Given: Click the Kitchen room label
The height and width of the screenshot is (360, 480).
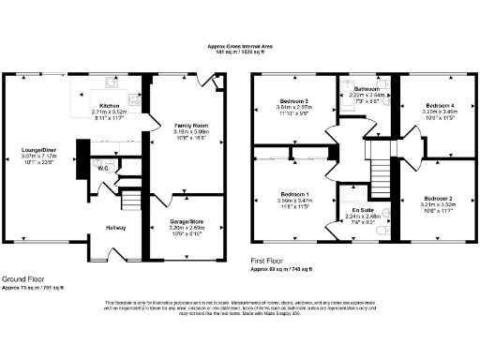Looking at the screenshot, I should coord(110,106).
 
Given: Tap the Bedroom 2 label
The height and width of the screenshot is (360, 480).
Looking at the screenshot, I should coord(439,199).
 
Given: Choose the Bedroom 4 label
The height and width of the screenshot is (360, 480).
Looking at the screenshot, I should coord(440,105).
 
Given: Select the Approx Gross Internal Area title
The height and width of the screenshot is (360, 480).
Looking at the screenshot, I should coord(241,44).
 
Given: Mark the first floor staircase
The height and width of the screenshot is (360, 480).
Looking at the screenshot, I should coord(381,172).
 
